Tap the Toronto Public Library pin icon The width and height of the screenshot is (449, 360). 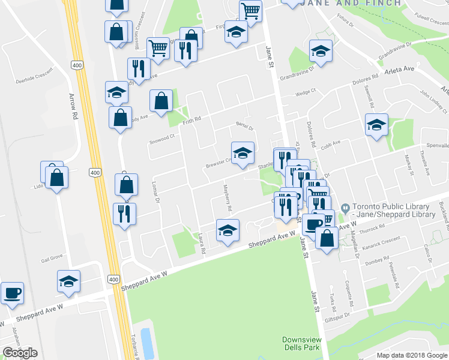[x=344, y=208]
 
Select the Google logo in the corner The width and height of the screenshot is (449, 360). [x=20, y=353]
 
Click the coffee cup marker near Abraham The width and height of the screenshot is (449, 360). [x=12, y=294]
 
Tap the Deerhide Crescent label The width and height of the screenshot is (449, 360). [x=35, y=77]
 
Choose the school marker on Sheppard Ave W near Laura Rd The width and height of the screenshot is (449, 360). [x=228, y=231]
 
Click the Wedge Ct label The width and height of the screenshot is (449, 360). [x=306, y=93]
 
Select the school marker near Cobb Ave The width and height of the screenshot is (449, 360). [x=376, y=125]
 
